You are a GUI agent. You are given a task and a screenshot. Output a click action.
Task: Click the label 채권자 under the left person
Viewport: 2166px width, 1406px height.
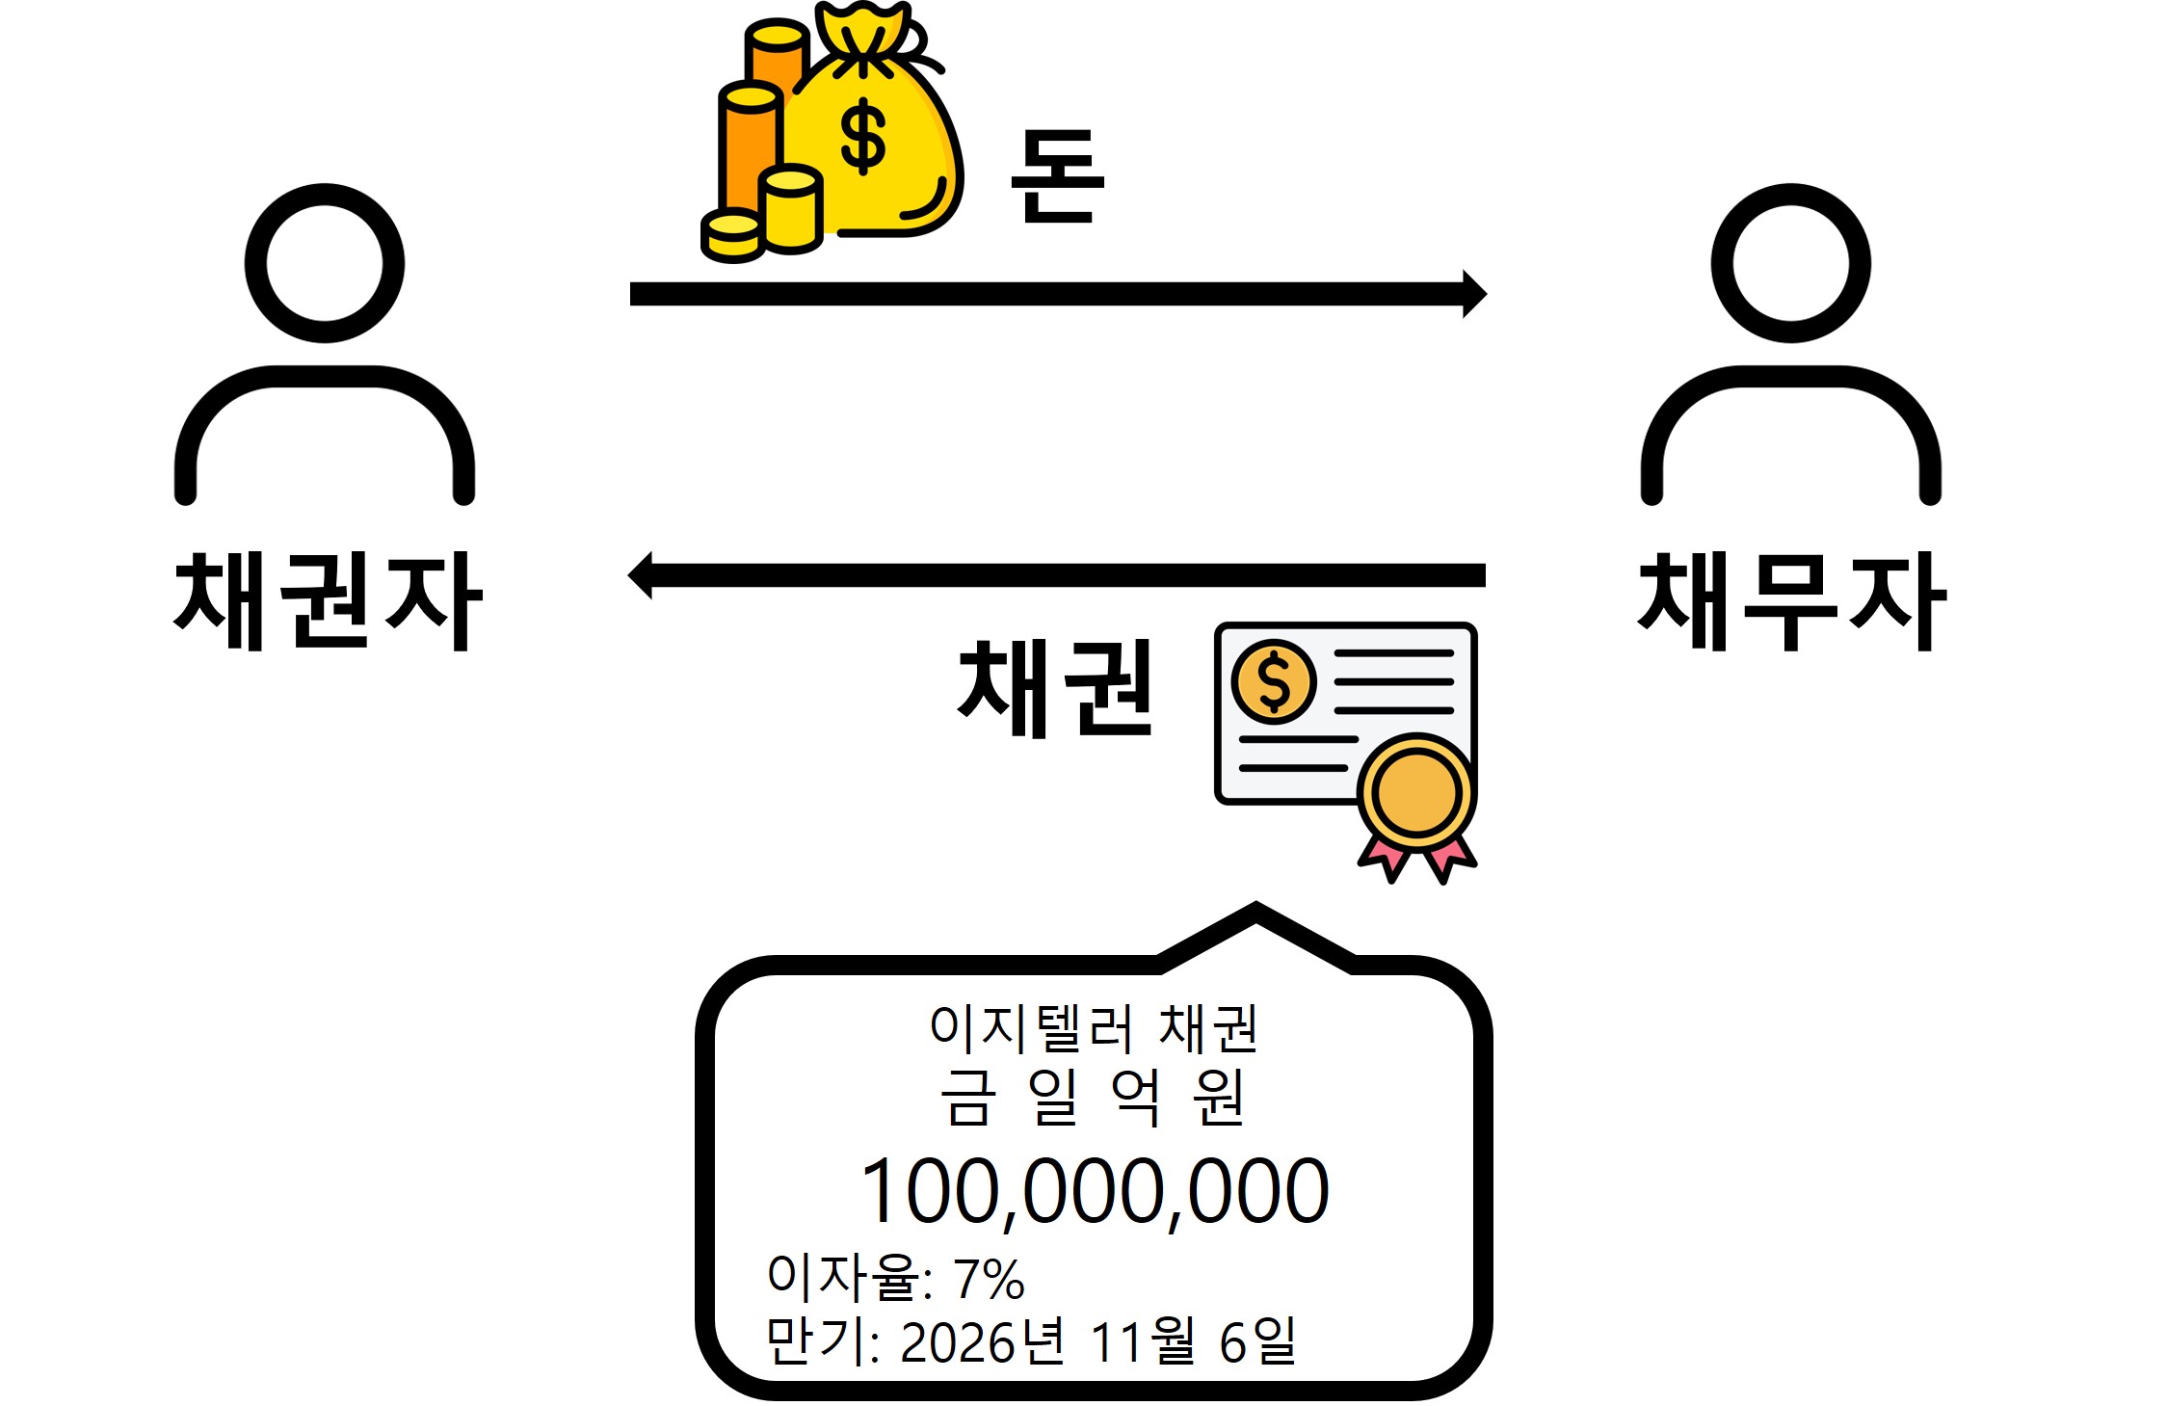click(x=328, y=601)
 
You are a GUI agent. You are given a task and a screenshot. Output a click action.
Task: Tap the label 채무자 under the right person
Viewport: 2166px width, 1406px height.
click(x=1791, y=601)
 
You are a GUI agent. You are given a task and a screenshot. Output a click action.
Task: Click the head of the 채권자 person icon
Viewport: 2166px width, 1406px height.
click(x=325, y=263)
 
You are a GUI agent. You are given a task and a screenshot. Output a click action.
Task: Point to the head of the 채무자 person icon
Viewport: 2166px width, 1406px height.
click(x=1790, y=263)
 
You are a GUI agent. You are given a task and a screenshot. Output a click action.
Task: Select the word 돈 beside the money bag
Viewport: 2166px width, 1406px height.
click(x=1056, y=177)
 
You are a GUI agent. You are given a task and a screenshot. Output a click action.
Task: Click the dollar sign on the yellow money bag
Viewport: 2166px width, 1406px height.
click(x=862, y=136)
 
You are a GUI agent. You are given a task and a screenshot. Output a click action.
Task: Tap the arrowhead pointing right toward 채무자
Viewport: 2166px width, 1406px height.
click(x=1473, y=294)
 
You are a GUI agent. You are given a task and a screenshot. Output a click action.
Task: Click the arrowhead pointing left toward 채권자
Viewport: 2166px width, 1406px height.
click(x=641, y=575)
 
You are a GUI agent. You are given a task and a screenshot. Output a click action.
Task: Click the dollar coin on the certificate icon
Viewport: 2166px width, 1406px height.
click(x=1274, y=681)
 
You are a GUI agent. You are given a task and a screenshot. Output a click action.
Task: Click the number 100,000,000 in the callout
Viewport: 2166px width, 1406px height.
click(x=1095, y=1192)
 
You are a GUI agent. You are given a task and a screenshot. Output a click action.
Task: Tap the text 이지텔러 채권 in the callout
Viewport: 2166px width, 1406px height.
click(x=1094, y=1028)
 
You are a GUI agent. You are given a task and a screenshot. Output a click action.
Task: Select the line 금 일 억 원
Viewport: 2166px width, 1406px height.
click(x=1094, y=1098)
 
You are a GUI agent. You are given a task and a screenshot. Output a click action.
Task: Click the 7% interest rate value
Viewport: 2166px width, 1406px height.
click(x=989, y=1280)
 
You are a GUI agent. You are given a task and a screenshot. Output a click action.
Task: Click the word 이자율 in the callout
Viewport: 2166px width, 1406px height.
click(x=843, y=1277)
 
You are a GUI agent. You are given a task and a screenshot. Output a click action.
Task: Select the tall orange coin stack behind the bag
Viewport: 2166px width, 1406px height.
click(x=777, y=58)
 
